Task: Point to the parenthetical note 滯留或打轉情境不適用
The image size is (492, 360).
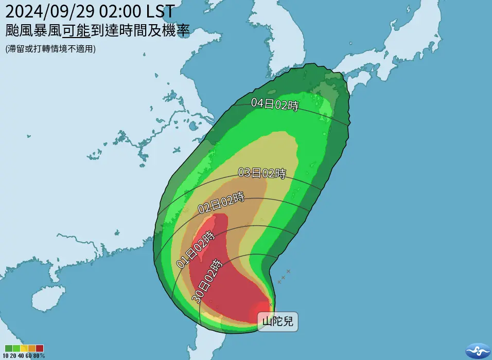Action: click(50, 49)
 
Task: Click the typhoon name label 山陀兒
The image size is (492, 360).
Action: click(278, 322)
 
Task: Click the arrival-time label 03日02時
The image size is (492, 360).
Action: click(261, 173)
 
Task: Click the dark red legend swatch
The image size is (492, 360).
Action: click(40, 348)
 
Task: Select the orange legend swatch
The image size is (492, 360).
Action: click(31, 348)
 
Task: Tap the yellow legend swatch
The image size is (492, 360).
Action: click(23, 348)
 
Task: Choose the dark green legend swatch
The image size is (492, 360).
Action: click(7, 348)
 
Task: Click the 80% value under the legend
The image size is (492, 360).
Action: click(40, 355)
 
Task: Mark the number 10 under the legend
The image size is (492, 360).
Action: click(6, 355)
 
